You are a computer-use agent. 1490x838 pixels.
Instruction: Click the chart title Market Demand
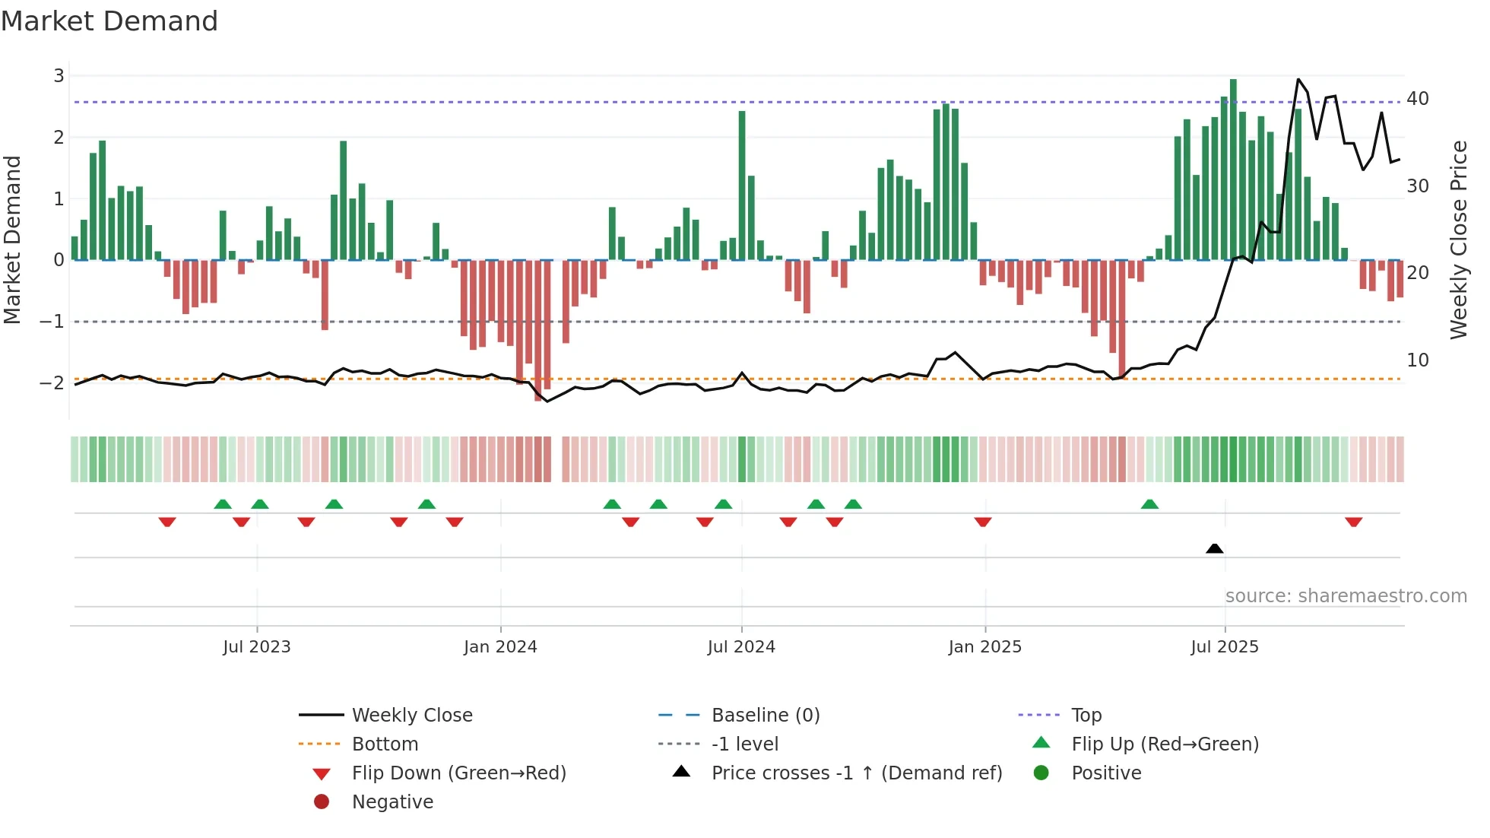[x=109, y=21]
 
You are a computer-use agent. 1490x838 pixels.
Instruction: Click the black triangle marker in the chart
[x=1214, y=548]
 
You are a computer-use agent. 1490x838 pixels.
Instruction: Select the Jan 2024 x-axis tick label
[x=500, y=647]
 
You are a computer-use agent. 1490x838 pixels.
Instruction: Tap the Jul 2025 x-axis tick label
[x=1224, y=647]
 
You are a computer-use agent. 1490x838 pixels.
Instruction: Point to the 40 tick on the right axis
[x=1417, y=99]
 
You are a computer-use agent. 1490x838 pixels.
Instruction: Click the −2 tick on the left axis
[x=52, y=382]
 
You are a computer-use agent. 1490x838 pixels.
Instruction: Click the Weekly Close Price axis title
[x=1458, y=240]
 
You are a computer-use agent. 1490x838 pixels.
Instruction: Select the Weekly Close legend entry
[x=411, y=716]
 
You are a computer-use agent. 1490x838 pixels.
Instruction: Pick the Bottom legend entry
[x=385, y=744]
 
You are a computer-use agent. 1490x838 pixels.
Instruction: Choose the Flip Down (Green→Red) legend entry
[x=458, y=773]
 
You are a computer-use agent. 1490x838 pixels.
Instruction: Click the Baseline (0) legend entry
[x=765, y=716]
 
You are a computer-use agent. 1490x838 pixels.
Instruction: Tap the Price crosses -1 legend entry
[x=856, y=773]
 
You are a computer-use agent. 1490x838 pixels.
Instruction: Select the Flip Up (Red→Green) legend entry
[x=1165, y=744]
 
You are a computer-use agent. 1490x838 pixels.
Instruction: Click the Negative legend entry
[x=392, y=802]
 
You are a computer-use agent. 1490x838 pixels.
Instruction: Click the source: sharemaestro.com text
[x=1346, y=596]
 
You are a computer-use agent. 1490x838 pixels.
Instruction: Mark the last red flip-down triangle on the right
[x=1353, y=522]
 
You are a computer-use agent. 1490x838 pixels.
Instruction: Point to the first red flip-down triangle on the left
[x=167, y=522]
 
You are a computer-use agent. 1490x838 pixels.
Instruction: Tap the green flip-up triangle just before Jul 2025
[x=1149, y=504]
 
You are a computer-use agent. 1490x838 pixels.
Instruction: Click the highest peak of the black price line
[x=1298, y=80]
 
